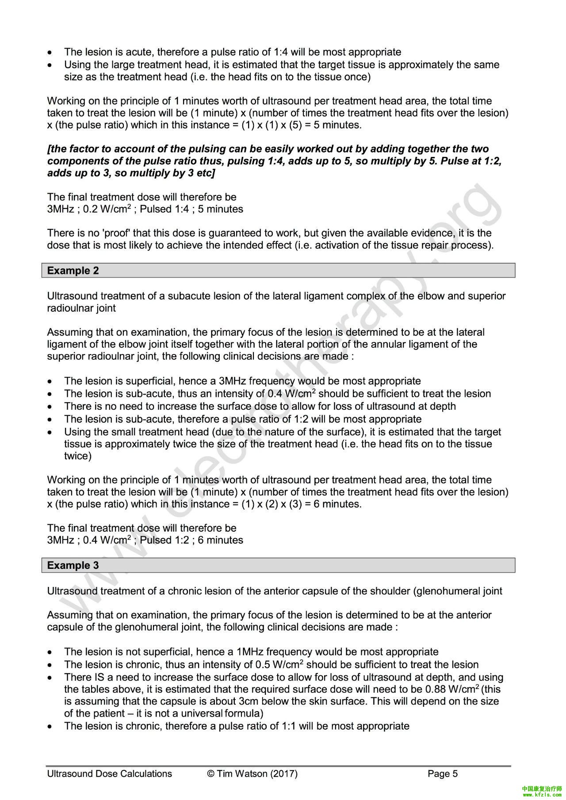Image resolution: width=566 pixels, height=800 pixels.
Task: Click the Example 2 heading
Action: coord(73,270)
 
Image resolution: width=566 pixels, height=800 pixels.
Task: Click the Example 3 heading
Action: coord(73,565)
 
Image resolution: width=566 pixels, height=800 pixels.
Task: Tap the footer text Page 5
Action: coord(443,773)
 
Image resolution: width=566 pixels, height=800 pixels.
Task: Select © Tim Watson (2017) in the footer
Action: coord(252,773)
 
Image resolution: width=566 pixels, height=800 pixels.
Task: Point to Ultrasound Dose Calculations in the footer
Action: coord(110,773)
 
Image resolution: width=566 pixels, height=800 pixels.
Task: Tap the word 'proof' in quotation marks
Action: coord(117,233)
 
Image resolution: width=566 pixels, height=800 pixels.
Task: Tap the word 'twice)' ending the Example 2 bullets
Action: coord(78,456)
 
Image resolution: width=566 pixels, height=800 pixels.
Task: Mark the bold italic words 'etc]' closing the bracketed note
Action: coord(204,173)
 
